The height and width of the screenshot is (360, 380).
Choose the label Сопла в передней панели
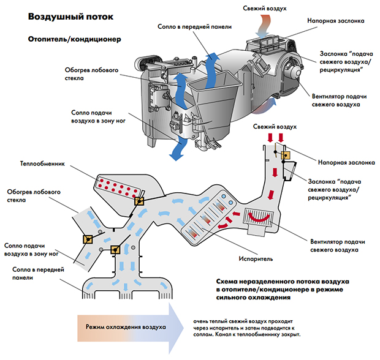pyautogui.click(x=29, y=273)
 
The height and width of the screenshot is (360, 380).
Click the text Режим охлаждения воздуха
pyautogui.click(x=126, y=328)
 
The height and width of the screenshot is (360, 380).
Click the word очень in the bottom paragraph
pyautogui.click(x=202, y=320)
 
